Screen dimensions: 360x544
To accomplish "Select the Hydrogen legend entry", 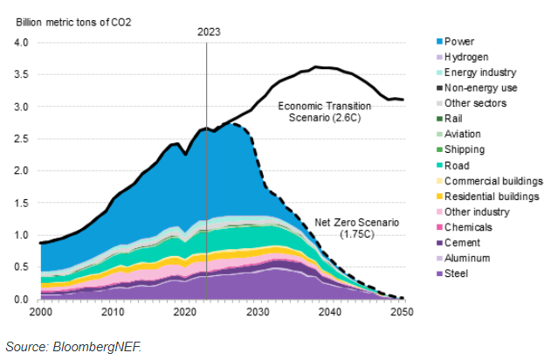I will point(467,56).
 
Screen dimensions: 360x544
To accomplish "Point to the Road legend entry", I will point(458,164).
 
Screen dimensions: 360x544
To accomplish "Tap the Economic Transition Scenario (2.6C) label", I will point(325,112).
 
